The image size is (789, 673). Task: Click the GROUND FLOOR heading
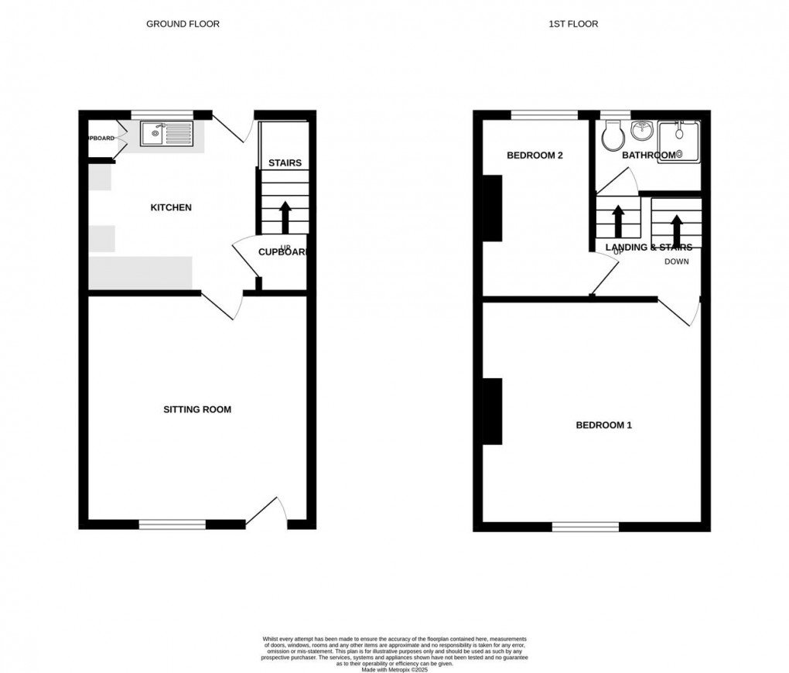pyautogui.click(x=183, y=24)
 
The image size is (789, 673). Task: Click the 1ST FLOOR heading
pyautogui.click(x=573, y=24)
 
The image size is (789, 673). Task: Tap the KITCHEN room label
pyautogui.click(x=170, y=207)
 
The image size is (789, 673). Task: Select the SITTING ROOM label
pyautogui.click(x=197, y=409)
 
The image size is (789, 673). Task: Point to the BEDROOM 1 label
pyautogui.click(x=604, y=425)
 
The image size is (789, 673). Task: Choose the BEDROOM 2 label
pyautogui.click(x=535, y=155)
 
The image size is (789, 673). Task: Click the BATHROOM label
pyautogui.click(x=650, y=155)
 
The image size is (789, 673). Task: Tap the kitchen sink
pyautogui.click(x=166, y=134)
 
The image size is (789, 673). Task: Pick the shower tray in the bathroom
pyautogui.click(x=678, y=141)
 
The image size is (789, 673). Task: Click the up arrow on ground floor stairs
pyautogui.click(x=285, y=217)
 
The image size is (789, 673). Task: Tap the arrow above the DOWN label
pyautogui.click(x=676, y=229)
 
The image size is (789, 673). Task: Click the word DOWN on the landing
pyautogui.click(x=676, y=261)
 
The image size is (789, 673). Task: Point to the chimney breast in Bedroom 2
pyautogui.click(x=493, y=208)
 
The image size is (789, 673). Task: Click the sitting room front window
pyautogui.click(x=172, y=524)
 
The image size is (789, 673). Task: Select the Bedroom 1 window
pyautogui.click(x=586, y=527)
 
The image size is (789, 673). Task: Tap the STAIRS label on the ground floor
pyautogui.click(x=285, y=163)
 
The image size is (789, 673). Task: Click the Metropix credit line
pyautogui.click(x=394, y=669)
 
